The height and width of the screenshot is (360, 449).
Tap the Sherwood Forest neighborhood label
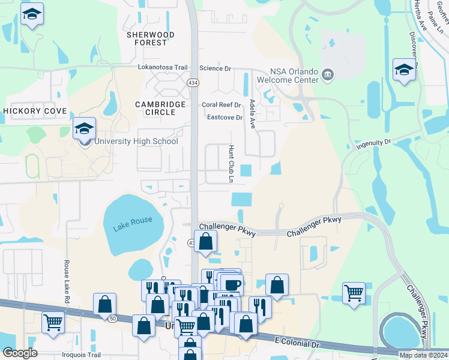click(x=151, y=39)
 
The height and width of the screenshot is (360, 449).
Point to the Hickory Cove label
click(x=34, y=112)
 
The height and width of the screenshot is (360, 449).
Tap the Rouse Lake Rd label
click(x=67, y=283)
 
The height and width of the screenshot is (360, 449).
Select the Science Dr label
click(x=215, y=68)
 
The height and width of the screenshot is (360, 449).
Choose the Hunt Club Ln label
click(x=231, y=163)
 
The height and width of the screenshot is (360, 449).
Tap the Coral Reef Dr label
click(x=221, y=104)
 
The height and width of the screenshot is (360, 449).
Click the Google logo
click(x=20, y=353)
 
